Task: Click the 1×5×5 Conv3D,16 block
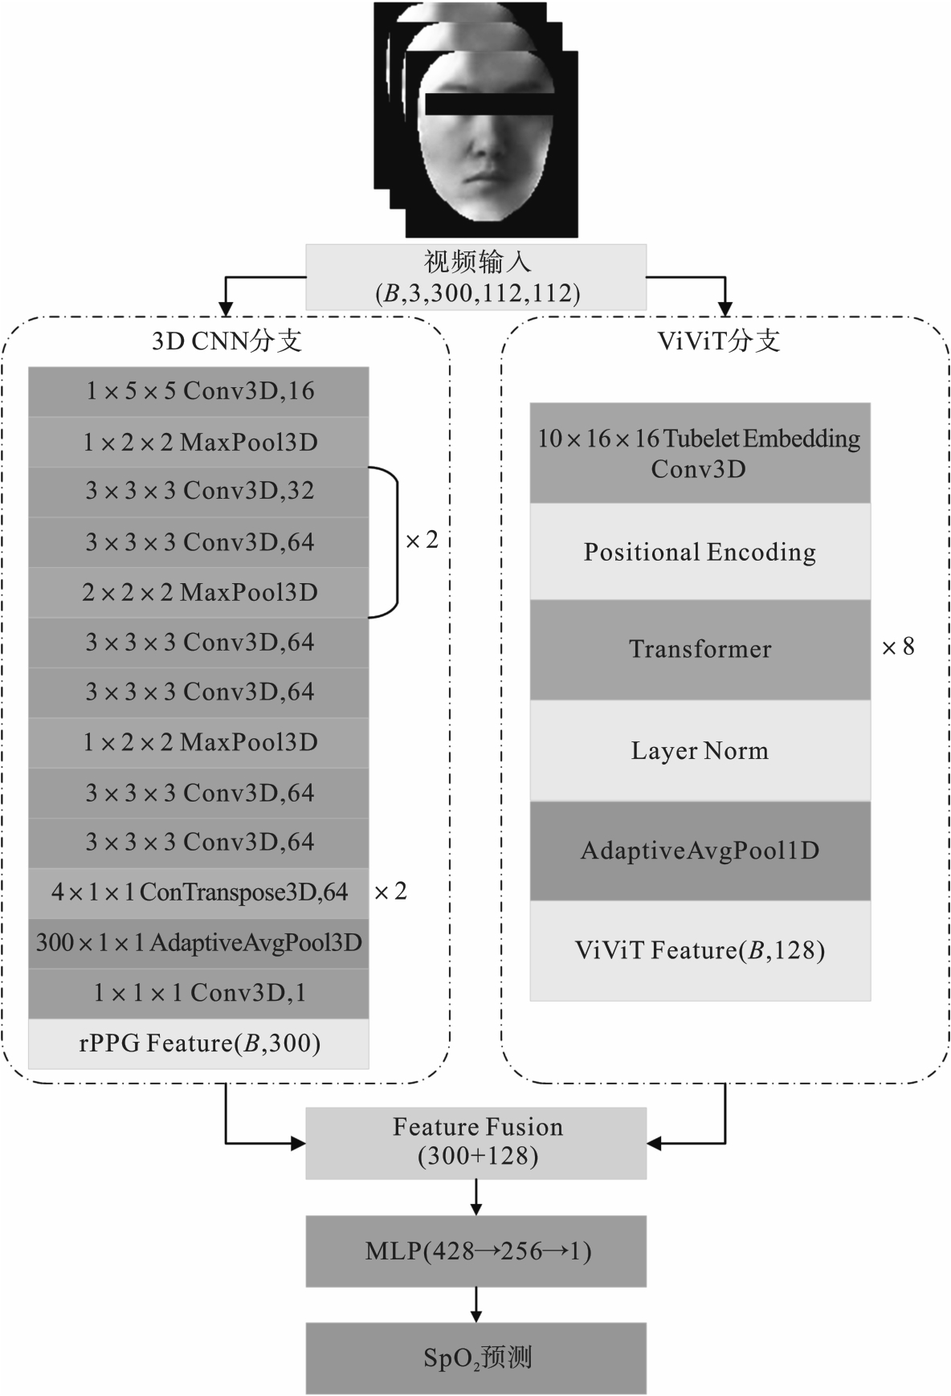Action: [x=198, y=391]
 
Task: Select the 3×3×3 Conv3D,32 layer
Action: [x=198, y=491]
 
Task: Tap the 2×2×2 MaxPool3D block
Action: [x=198, y=593]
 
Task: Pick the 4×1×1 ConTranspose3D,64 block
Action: [x=198, y=892]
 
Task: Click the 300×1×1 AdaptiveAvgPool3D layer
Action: [x=198, y=943]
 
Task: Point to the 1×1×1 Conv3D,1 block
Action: [x=198, y=994]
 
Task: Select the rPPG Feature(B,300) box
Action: [x=198, y=1043]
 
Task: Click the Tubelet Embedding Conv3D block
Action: [x=700, y=453]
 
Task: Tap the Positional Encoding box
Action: [x=700, y=552]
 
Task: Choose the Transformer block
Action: [x=700, y=649]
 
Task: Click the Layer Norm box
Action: [x=700, y=750]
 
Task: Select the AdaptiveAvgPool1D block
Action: [x=700, y=851]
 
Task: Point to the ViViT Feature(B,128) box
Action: [x=700, y=950]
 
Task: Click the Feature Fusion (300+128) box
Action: [x=476, y=1142]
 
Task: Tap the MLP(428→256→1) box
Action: [x=476, y=1251]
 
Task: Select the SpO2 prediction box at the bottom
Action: [x=476, y=1357]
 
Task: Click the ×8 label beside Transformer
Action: [x=898, y=647]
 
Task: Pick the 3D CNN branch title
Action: [x=227, y=341]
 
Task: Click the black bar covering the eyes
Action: [x=490, y=104]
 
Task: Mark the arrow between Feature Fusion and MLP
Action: [x=476, y=1197]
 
